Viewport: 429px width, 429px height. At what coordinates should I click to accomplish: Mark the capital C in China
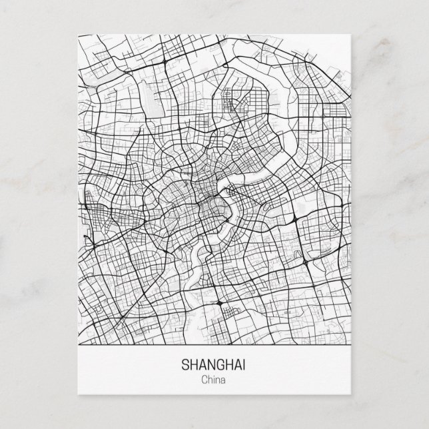click(x=203, y=381)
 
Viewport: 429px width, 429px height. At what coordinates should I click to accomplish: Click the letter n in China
click(x=218, y=381)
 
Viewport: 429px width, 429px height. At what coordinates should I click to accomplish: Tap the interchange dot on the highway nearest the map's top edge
click(x=164, y=61)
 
